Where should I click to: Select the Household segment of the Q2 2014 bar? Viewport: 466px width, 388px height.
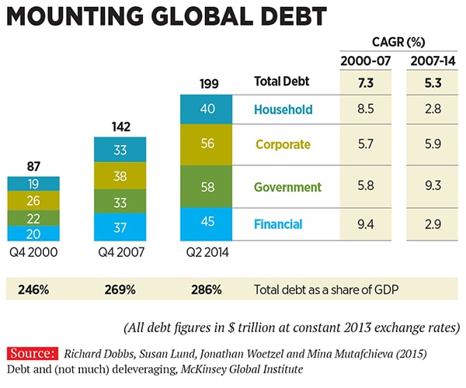pyautogui.click(x=207, y=109)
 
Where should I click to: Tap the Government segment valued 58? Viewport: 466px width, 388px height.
pyautogui.click(x=207, y=187)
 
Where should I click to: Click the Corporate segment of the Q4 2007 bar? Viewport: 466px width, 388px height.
pyautogui.click(x=120, y=176)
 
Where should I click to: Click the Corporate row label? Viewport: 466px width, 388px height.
pyautogui.click(x=283, y=144)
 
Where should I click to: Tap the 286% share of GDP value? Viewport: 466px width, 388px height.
pyautogui.click(x=206, y=289)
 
